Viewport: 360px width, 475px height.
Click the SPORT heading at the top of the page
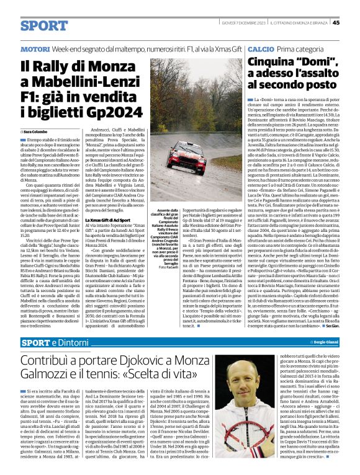coord(43,25)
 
